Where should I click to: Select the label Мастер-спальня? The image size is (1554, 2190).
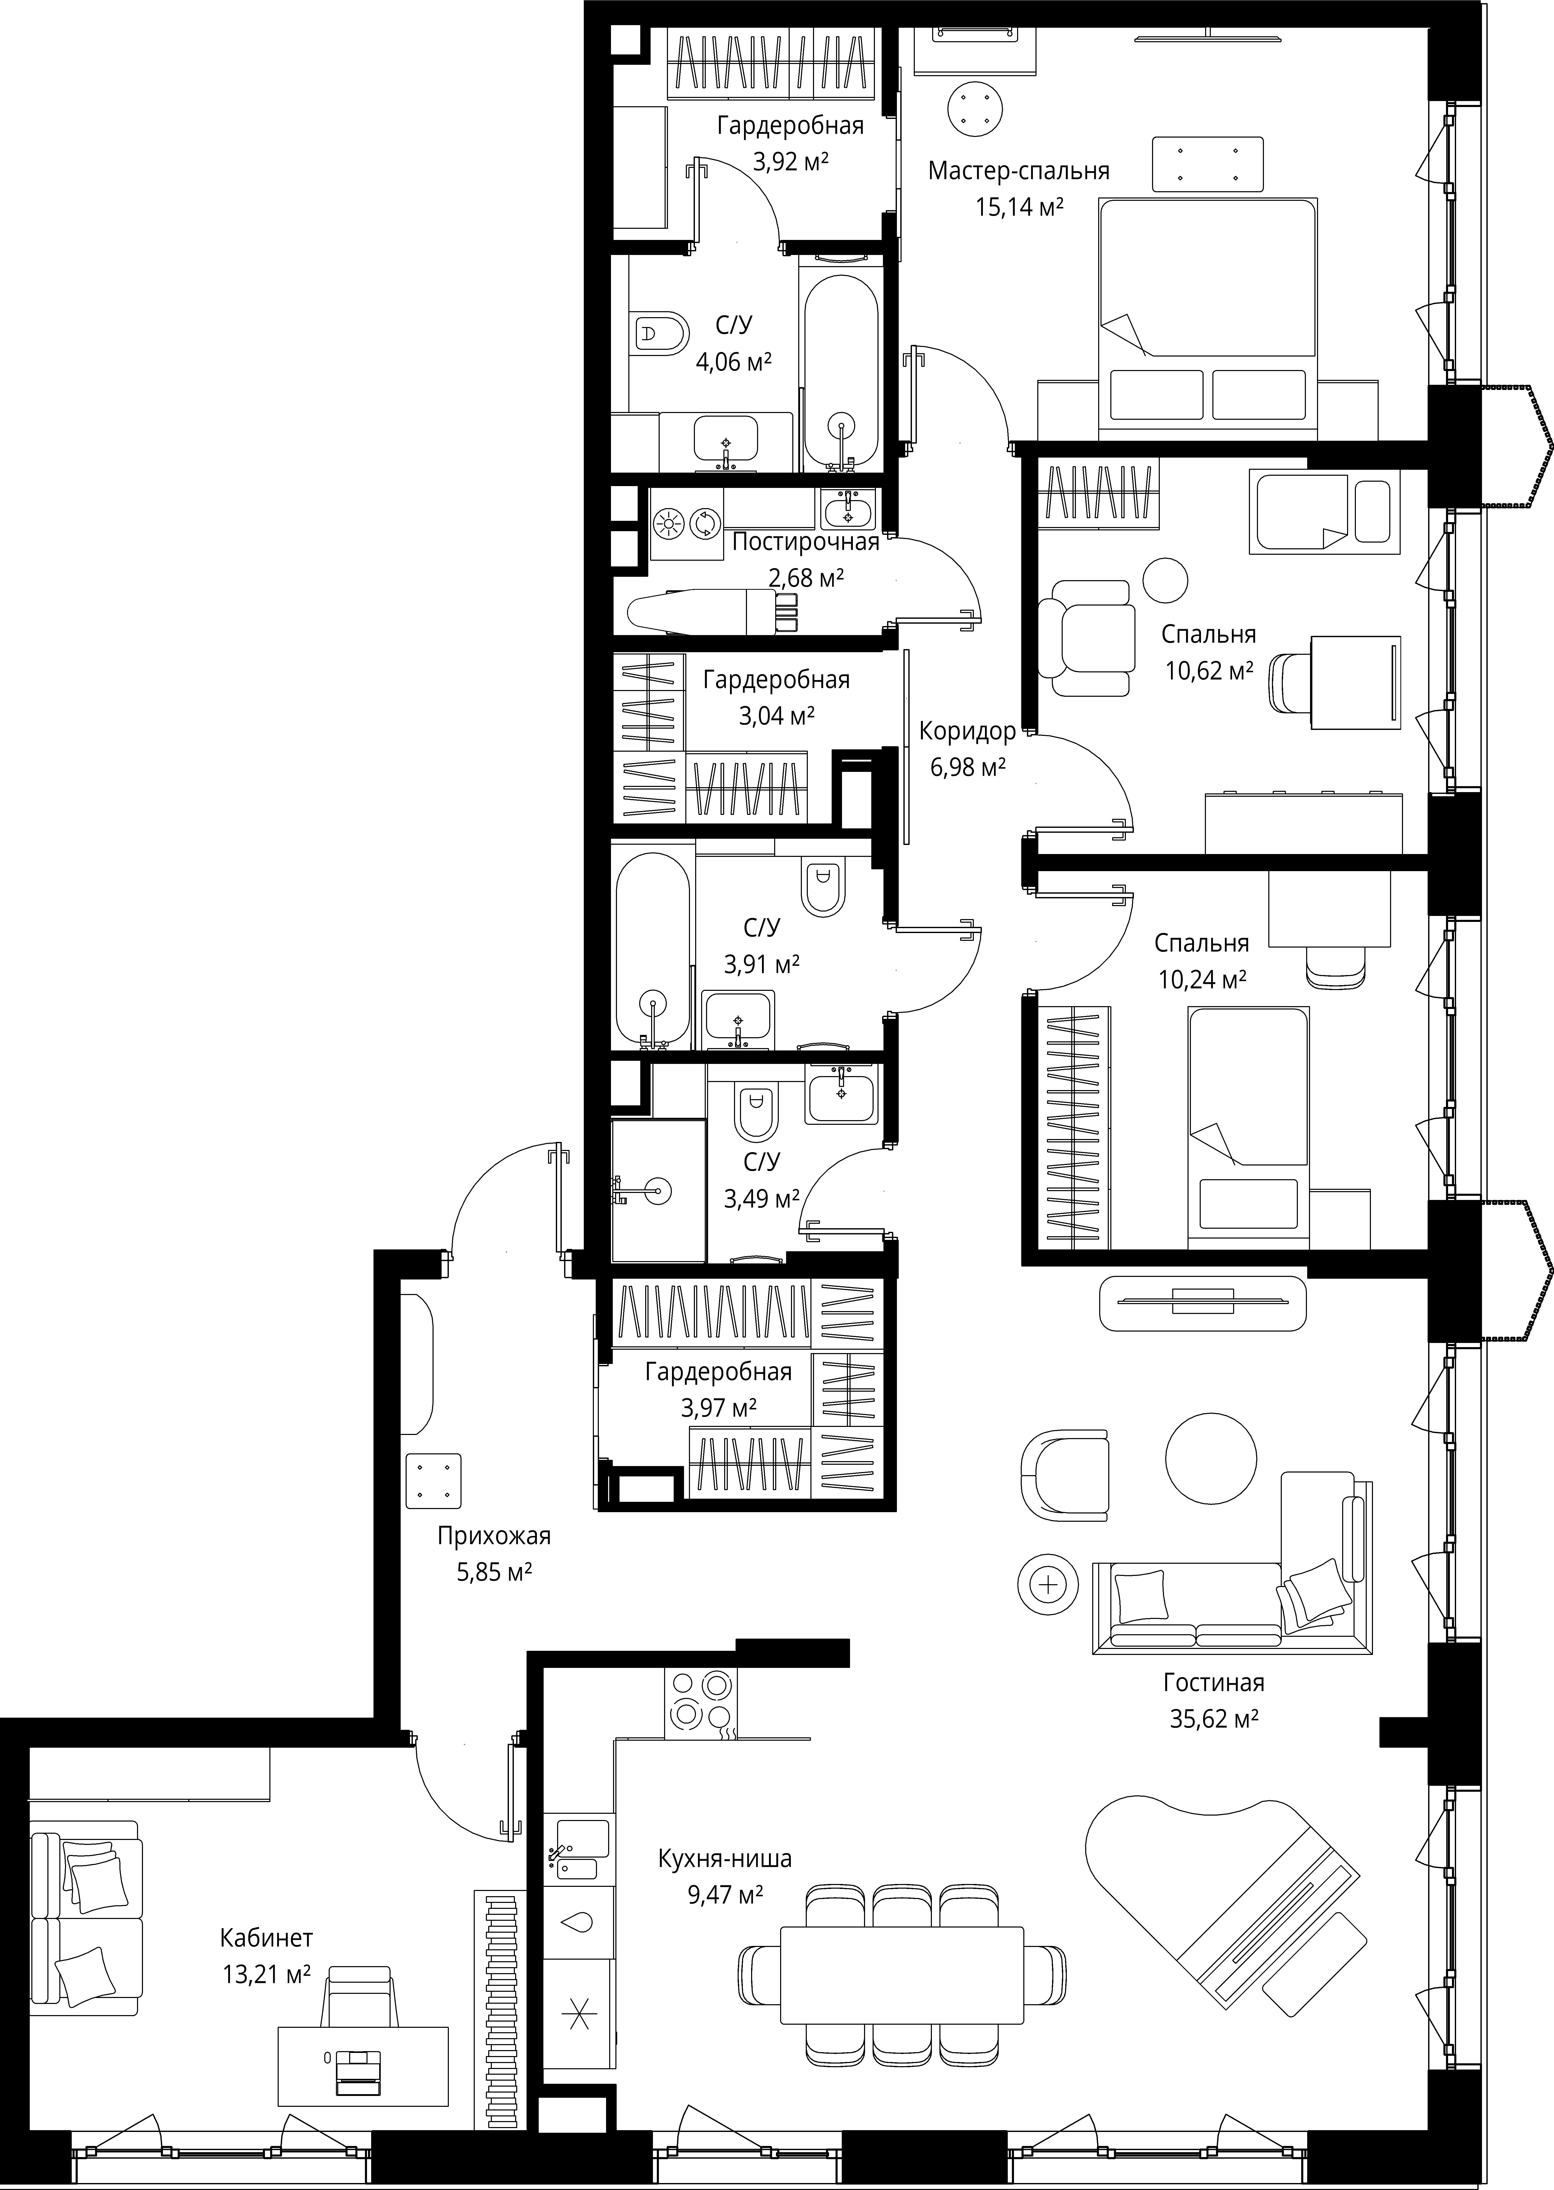[1019, 171]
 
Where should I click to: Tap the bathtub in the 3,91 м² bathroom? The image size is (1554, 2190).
[653, 950]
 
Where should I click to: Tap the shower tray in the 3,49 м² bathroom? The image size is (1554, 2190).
[658, 1192]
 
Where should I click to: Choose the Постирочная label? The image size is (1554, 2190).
[806, 543]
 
